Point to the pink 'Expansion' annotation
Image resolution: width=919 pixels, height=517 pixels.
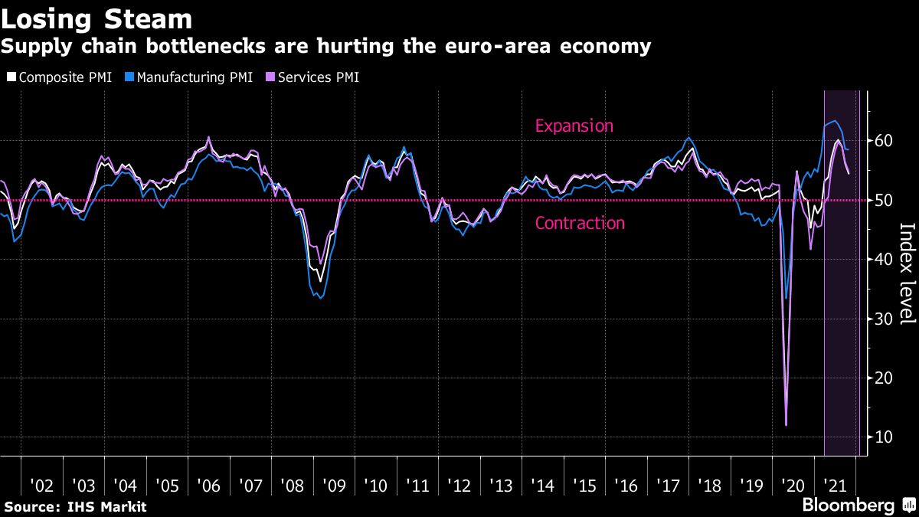(574, 126)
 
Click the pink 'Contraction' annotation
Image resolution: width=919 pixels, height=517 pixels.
(580, 224)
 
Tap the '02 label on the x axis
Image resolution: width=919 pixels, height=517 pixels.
(41, 486)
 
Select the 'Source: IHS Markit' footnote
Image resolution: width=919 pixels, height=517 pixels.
(75, 507)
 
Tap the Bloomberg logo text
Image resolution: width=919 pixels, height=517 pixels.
(848, 506)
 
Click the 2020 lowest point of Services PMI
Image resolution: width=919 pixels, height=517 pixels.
(786, 424)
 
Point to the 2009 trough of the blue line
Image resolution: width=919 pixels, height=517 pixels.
(320, 297)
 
